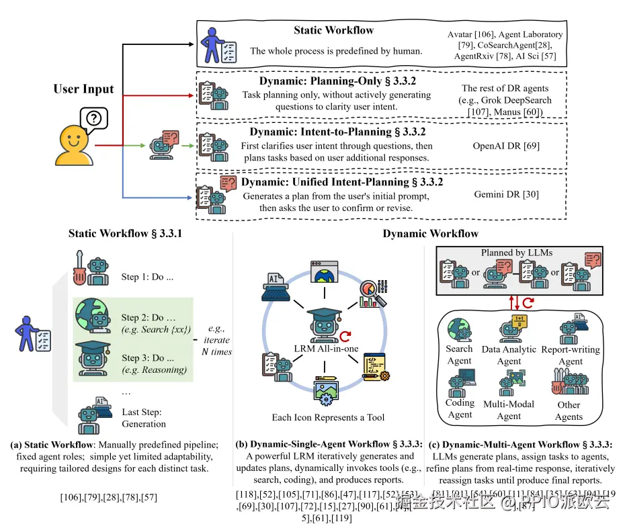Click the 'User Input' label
click(84, 89)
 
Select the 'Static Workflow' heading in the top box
click(333, 30)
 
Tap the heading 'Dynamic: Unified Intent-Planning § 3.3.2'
click(342, 181)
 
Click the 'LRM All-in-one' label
click(327, 349)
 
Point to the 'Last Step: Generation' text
click(144, 418)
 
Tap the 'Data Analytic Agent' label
click(509, 355)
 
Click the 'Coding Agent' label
click(460, 408)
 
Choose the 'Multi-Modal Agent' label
click(509, 410)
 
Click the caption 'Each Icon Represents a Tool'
click(328, 417)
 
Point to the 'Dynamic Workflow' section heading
click(430, 234)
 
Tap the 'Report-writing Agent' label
click(571, 355)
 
